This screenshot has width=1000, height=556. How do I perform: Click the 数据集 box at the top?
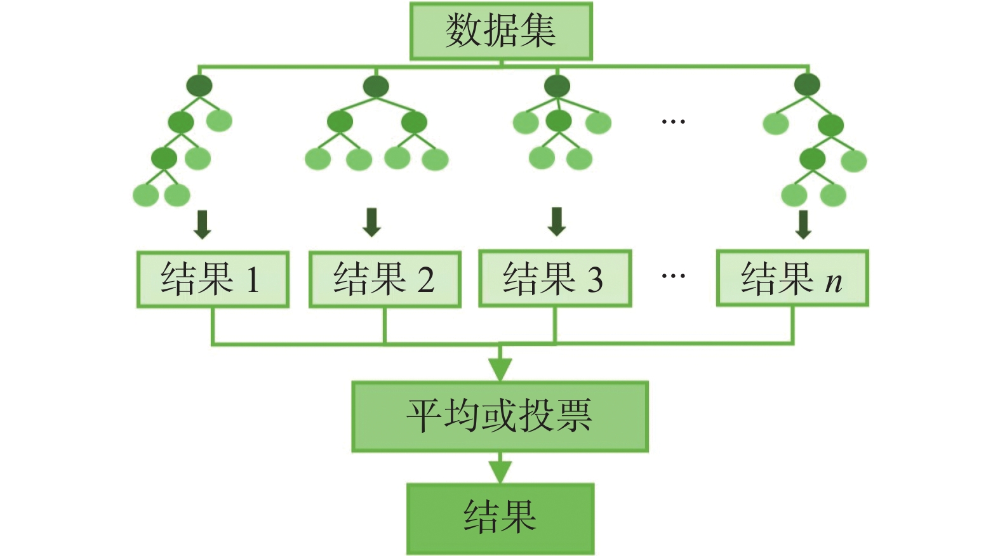[x=501, y=31]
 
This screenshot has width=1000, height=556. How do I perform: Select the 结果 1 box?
[x=213, y=279]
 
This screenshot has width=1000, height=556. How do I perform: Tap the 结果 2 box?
[x=385, y=279]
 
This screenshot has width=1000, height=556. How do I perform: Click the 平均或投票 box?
[x=500, y=416]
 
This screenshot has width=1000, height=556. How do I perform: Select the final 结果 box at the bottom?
[x=500, y=518]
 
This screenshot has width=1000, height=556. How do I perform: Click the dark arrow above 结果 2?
[x=372, y=222]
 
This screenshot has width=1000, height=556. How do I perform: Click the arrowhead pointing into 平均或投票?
[x=500, y=369]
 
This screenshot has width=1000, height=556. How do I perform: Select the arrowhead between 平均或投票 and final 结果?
[x=500, y=471]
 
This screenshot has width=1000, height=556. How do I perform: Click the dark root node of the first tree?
[x=199, y=86]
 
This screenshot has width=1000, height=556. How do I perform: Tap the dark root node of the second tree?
[x=376, y=86]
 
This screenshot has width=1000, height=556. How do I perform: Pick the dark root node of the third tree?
[x=557, y=86]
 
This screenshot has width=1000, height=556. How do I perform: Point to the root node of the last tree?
[x=807, y=84]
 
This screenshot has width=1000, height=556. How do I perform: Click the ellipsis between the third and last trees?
[x=673, y=121]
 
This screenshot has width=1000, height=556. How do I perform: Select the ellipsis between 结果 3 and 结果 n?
[x=673, y=276]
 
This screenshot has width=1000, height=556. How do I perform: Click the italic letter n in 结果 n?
[x=834, y=282]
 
